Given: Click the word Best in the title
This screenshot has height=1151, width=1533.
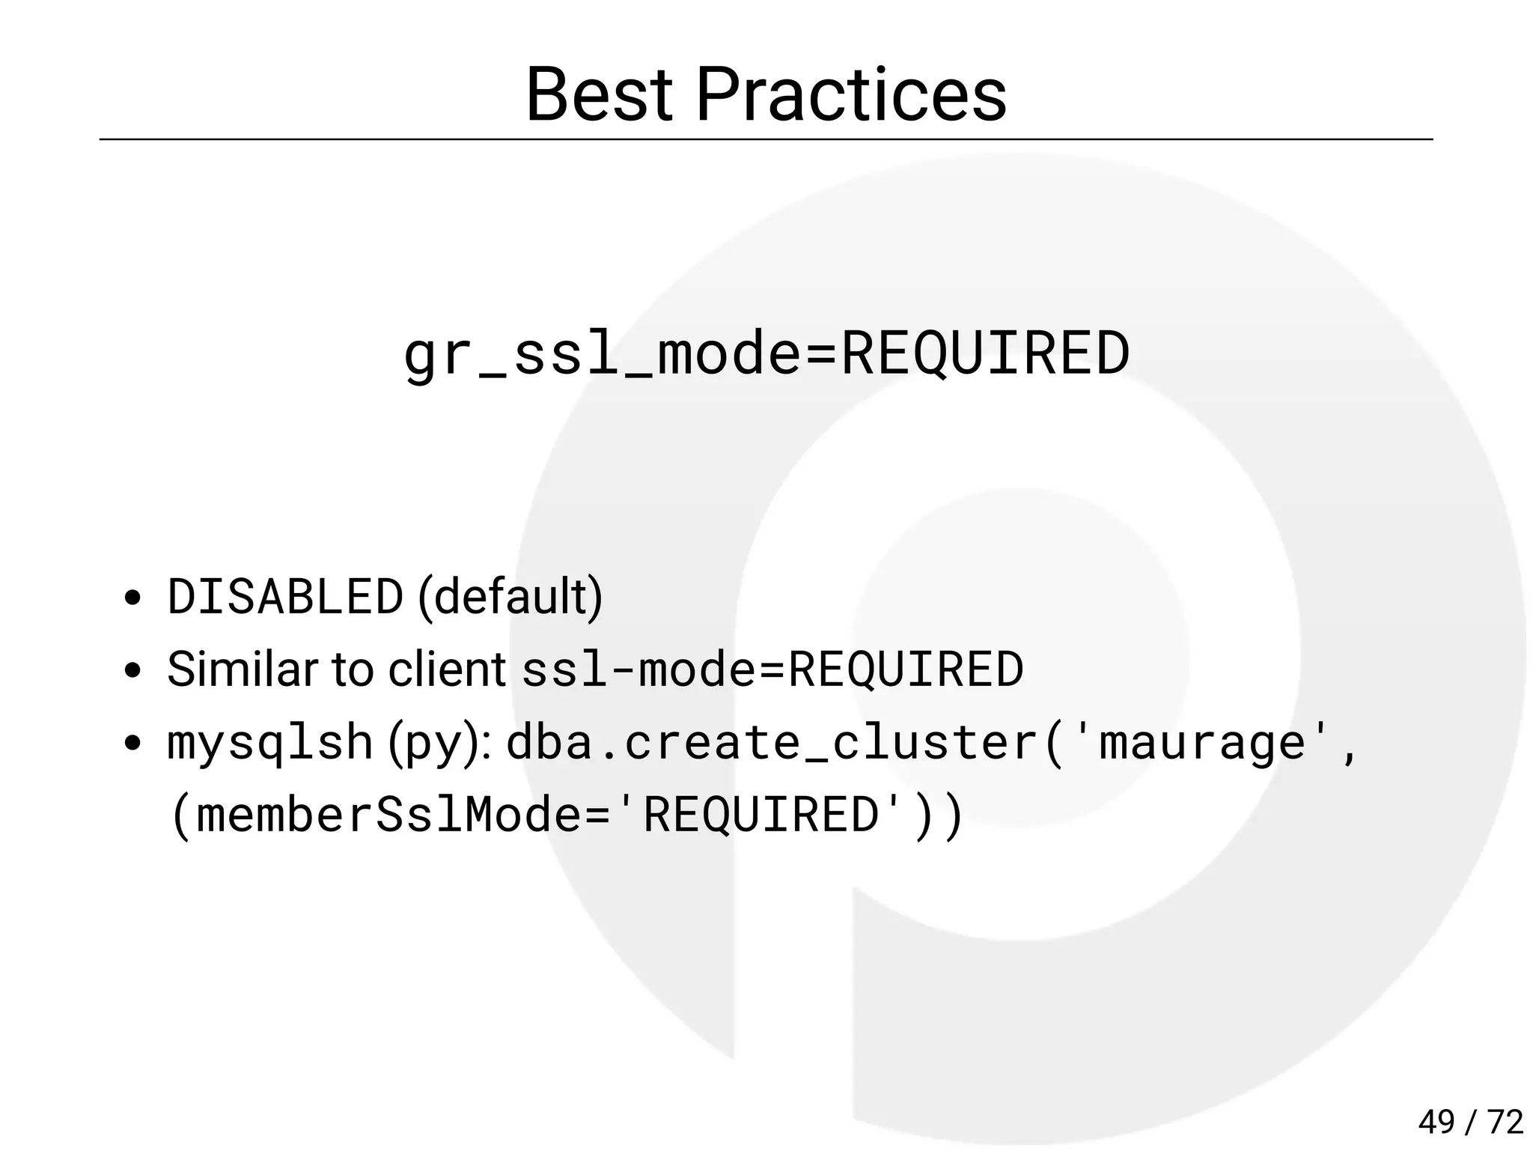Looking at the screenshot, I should (x=598, y=95).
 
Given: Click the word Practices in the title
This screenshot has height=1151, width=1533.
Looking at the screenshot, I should (x=851, y=95).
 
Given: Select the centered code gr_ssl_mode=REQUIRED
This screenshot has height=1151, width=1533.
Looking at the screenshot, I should (x=766, y=353).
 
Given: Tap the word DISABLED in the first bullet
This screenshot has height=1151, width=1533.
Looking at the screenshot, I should (x=285, y=597).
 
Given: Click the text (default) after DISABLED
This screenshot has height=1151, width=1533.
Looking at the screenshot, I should (x=510, y=597).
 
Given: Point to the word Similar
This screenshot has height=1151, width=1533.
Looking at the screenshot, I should (x=242, y=669).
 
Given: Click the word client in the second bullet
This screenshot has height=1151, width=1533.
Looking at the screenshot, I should (x=447, y=669).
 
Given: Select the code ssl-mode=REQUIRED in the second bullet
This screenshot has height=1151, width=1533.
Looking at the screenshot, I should (x=772, y=669).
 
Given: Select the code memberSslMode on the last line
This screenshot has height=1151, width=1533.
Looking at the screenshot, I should (x=389, y=815).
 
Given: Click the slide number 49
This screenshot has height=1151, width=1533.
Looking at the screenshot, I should (x=1436, y=1122).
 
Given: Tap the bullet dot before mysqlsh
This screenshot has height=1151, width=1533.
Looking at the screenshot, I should (x=132, y=744).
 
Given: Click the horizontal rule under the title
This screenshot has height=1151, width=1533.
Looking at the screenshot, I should (x=766, y=139).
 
